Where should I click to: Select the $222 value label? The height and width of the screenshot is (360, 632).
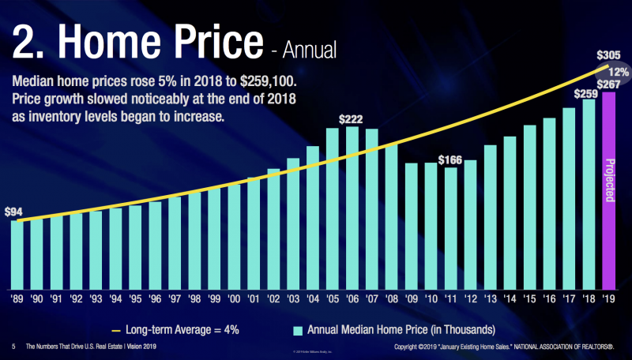pos(352,119)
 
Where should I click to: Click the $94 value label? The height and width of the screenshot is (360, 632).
pos(13,212)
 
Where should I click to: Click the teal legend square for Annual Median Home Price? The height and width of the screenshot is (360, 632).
pos(299,328)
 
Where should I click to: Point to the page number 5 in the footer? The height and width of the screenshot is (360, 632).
pos(13,347)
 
